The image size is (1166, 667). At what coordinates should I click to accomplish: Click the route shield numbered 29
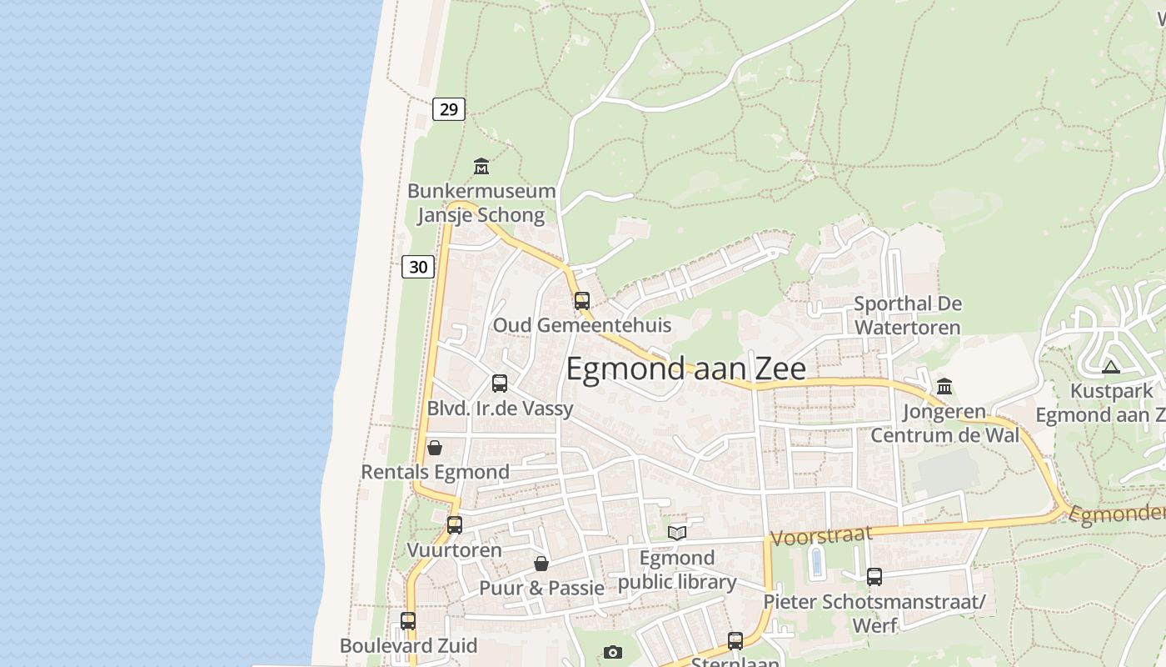[x=449, y=108]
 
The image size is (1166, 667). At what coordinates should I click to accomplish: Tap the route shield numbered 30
[x=418, y=266]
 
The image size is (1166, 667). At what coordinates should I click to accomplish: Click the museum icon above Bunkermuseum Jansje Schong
[x=481, y=167]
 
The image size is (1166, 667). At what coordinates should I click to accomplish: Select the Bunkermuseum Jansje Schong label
[x=481, y=203]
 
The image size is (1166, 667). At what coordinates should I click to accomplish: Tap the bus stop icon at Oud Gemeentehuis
[x=582, y=301]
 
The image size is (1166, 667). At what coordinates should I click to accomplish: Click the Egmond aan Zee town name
[x=685, y=369]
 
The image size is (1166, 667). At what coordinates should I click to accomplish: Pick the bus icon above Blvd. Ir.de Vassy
[x=500, y=384]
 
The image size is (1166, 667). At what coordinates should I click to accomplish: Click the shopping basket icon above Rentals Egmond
[x=435, y=448]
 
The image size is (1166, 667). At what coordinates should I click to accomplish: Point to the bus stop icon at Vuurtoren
[x=455, y=525]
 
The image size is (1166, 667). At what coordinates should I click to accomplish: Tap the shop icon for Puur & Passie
[x=541, y=564]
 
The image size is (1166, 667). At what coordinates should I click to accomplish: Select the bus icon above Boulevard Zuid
[x=408, y=621]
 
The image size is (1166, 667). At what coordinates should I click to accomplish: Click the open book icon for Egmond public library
[x=677, y=533]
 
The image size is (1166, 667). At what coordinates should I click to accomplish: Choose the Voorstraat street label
[x=821, y=535]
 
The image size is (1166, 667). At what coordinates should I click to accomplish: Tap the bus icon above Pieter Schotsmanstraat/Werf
[x=874, y=576]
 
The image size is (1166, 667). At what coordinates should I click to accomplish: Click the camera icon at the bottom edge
[x=613, y=652]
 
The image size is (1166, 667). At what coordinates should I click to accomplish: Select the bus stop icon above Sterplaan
[x=735, y=640]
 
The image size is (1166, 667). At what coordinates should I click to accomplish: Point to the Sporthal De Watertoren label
[x=908, y=315]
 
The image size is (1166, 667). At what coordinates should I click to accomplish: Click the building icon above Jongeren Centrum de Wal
[x=944, y=386]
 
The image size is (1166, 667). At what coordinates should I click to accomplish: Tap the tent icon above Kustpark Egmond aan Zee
[x=1111, y=367]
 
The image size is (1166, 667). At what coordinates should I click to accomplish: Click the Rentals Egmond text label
[x=435, y=472]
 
